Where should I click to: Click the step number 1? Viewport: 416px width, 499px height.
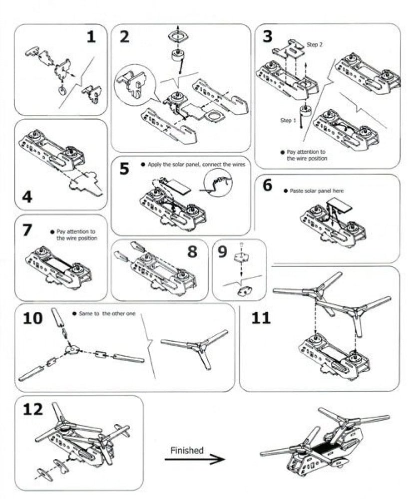(91, 37)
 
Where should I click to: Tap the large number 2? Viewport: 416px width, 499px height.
(124, 36)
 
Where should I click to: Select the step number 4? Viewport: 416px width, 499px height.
(27, 197)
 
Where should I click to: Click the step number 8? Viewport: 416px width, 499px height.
(192, 251)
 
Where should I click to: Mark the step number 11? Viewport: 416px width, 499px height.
(261, 318)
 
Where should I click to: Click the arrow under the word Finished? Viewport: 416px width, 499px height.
(194, 460)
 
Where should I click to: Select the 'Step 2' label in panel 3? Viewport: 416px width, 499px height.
(315, 44)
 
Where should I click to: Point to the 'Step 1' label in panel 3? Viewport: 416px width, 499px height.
(289, 120)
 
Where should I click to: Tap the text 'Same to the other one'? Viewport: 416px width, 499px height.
(107, 313)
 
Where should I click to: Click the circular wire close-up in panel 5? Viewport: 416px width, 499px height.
(218, 183)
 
